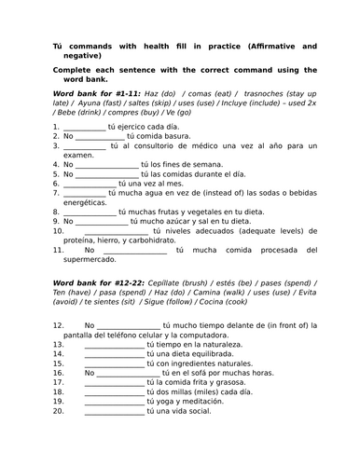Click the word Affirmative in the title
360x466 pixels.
click(x=281, y=46)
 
